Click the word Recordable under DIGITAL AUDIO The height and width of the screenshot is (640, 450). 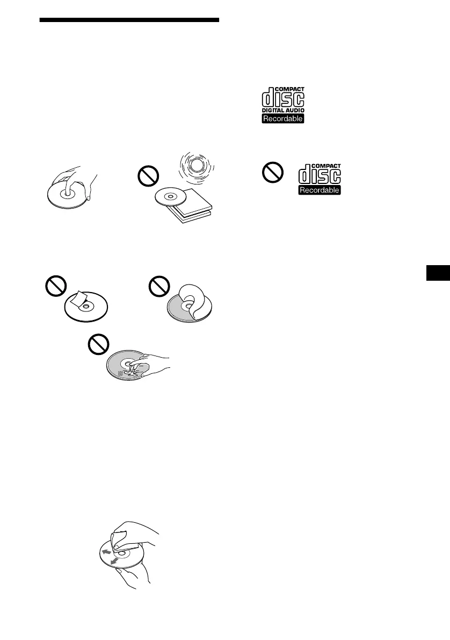coord(283,118)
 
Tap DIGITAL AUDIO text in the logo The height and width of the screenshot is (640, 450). coord(283,110)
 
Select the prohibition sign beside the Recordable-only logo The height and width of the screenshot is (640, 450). coord(272,173)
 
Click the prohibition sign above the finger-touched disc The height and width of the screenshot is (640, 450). coord(97,344)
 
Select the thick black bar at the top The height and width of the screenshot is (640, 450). coord(129,20)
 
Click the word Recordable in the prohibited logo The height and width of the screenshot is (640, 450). coord(320,190)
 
